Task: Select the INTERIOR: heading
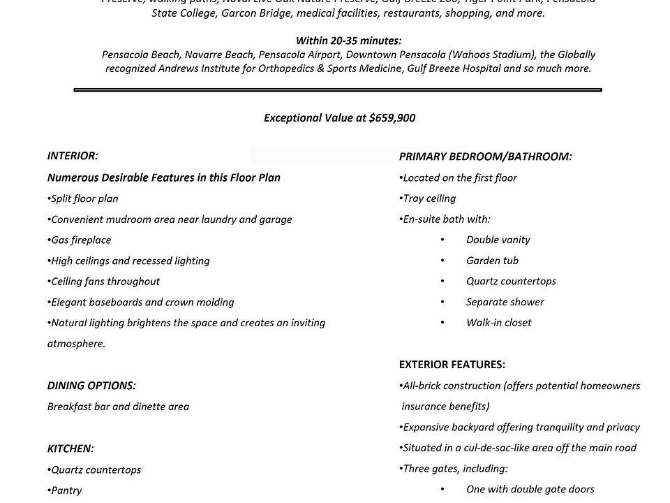tap(73, 156)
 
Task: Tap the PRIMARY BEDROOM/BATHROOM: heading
tap(485, 156)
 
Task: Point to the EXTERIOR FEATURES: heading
tap(452, 365)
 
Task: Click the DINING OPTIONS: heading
tap(91, 386)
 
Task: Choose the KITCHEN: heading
tap(70, 449)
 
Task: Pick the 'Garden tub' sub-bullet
tap(492, 261)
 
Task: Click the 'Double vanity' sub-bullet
tap(498, 240)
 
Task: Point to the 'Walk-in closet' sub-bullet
tap(498, 323)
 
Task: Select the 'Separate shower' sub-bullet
tap(505, 302)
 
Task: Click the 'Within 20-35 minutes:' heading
tap(348, 41)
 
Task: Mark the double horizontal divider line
tap(337, 89)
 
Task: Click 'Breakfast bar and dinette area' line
tap(118, 407)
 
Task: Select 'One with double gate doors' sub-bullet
tap(530, 490)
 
